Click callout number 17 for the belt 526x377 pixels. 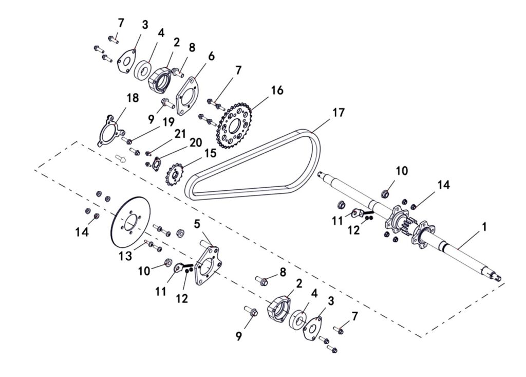[x=339, y=113]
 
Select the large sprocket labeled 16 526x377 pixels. [x=236, y=125]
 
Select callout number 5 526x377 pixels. [x=197, y=224]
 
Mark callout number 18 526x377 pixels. [x=133, y=98]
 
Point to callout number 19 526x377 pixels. [x=169, y=122]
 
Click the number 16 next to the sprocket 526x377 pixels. [x=277, y=91]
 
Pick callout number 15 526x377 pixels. [x=211, y=154]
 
